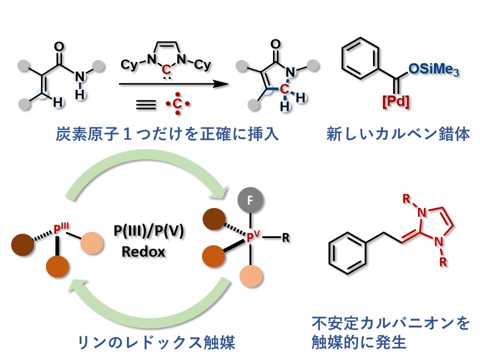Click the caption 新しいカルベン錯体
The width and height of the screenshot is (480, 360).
click(398, 134)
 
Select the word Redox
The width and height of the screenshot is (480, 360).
click(143, 251)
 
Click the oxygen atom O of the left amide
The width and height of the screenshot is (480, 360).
click(58, 47)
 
